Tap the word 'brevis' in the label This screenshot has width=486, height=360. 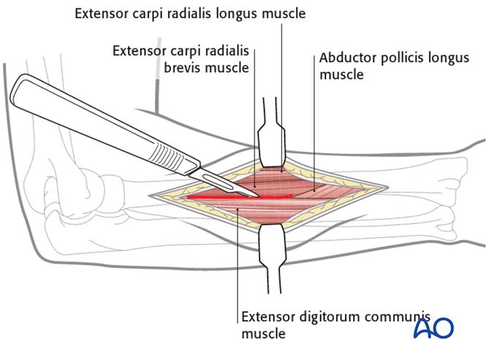(173, 69)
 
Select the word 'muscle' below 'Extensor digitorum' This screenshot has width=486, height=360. (262, 334)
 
